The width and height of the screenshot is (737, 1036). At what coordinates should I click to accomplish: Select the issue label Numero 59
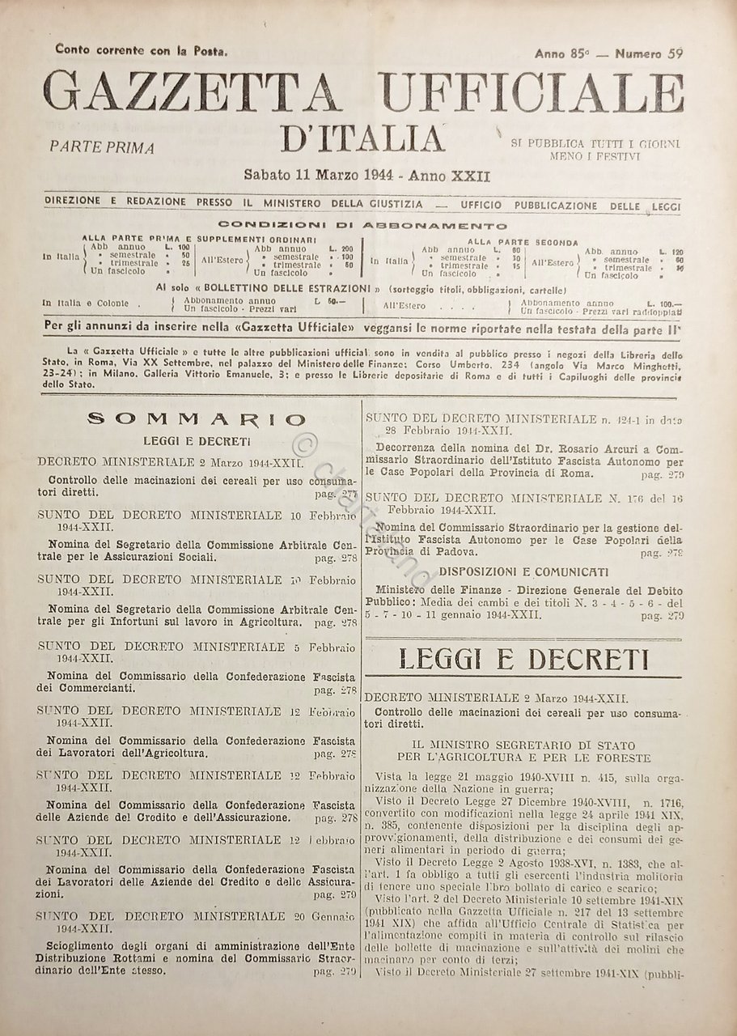click(649, 53)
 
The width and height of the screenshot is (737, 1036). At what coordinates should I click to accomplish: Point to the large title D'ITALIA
click(364, 138)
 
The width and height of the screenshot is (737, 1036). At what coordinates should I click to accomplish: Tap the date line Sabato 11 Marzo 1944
click(366, 175)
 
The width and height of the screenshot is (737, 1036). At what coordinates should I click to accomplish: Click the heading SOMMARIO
click(197, 418)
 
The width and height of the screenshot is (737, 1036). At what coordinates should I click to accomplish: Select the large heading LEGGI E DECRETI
click(524, 660)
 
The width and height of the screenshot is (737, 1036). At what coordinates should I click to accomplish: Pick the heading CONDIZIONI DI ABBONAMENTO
click(363, 226)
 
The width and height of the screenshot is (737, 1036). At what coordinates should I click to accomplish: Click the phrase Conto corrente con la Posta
click(142, 50)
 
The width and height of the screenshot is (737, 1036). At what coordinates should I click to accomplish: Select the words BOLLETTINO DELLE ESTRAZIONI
click(274, 288)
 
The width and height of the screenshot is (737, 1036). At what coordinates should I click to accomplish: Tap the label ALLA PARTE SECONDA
click(522, 241)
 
